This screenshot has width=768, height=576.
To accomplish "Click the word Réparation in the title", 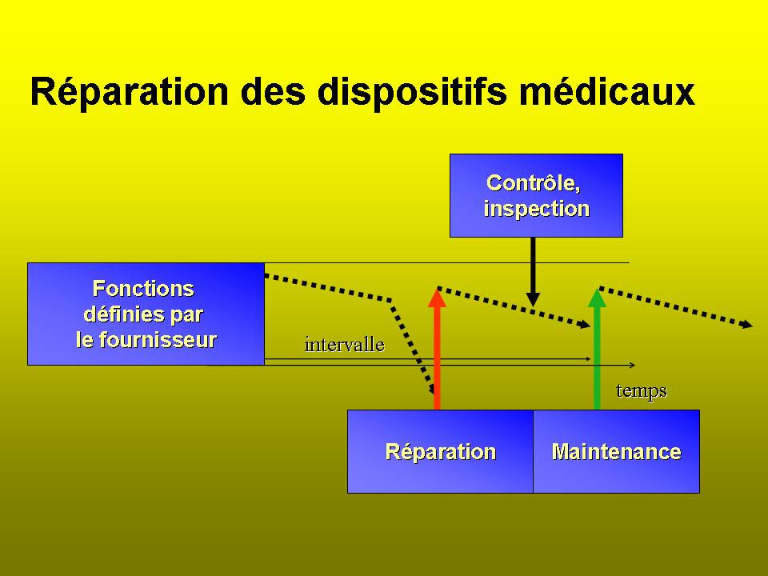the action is [130, 91].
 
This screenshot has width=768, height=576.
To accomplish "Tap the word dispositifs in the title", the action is [413, 91].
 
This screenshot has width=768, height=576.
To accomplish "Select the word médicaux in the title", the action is [607, 91].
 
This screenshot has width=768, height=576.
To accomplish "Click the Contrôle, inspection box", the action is [536, 195].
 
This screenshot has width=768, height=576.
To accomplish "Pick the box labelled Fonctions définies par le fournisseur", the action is [146, 314].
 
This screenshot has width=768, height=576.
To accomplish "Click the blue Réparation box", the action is [440, 451].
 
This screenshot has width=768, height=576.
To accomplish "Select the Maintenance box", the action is [616, 451].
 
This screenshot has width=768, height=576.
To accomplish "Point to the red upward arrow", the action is [437, 349].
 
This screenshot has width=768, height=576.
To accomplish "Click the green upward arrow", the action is [597, 349].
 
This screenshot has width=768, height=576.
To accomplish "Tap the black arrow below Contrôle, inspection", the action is [533, 272].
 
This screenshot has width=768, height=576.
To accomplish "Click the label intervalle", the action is [344, 345].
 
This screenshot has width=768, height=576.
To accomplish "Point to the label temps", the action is [641, 391].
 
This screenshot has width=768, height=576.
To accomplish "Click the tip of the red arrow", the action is [437, 289].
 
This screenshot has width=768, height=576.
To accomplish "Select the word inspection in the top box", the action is [536, 209].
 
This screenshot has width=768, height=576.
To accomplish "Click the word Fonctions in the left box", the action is [143, 289].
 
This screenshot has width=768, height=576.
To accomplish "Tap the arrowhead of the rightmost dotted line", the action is [747, 324].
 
